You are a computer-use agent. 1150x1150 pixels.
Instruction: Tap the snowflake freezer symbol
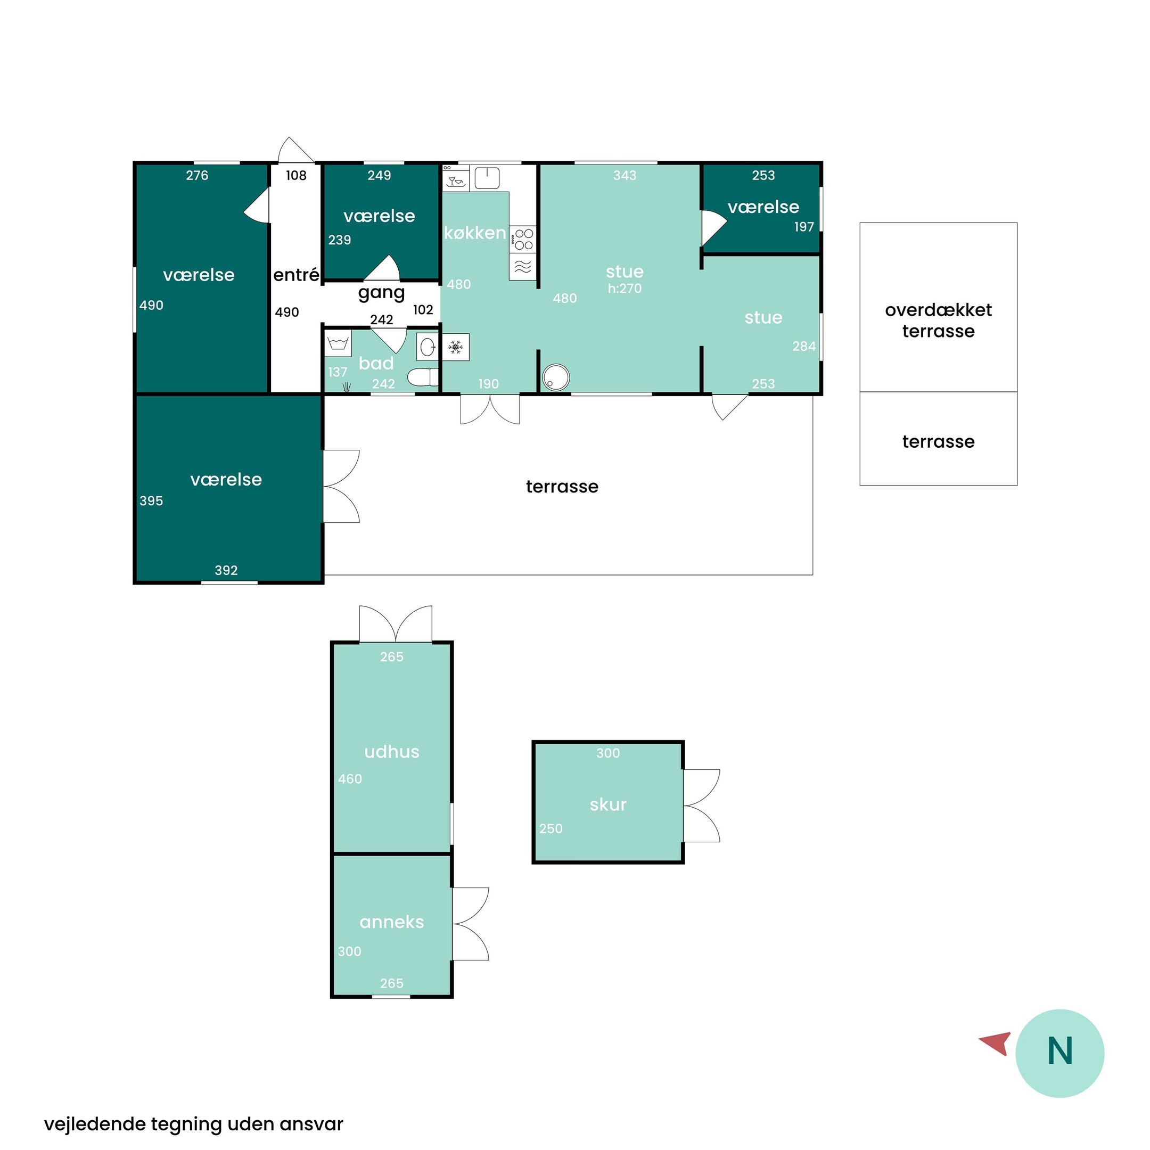click(x=455, y=347)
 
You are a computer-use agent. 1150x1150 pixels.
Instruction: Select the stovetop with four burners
click(x=523, y=239)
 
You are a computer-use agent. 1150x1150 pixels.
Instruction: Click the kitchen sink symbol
click(x=487, y=178)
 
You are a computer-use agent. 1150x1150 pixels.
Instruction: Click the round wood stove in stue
click(x=556, y=377)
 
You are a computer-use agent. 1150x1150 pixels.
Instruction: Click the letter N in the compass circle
click(x=1059, y=1050)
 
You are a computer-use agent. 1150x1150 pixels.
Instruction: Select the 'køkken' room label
click(x=475, y=233)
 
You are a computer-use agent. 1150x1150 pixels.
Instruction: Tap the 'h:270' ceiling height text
click(x=625, y=289)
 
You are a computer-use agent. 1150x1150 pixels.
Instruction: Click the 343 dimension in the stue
click(x=625, y=176)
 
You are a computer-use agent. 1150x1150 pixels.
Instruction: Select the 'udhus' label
click(x=392, y=752)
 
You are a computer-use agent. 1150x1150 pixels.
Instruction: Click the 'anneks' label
click(x=392, y=922)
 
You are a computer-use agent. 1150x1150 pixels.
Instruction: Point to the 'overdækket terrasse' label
click(x=938, y=320)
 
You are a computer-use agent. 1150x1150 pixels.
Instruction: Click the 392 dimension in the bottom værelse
click(x=226, y=570)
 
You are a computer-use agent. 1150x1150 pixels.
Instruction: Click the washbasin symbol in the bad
click(x=428, y=347)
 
